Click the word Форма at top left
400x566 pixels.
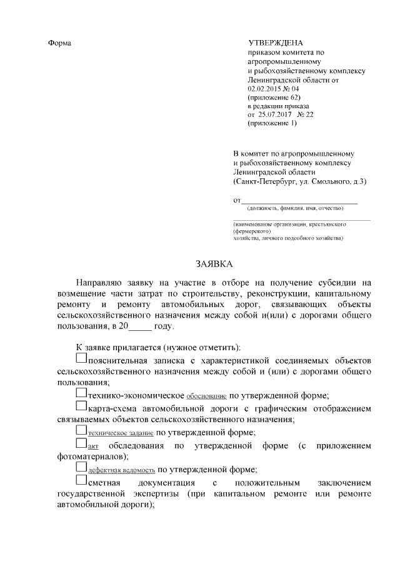click(x=59, y=43)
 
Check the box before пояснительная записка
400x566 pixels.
click(x=81, y=359)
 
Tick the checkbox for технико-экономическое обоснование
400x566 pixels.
click(x=81, y=393)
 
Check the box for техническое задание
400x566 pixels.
click(x=81, y=430)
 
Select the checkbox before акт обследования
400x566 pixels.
click(x=81, y=443)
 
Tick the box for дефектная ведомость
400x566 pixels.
click(x=81, y=467)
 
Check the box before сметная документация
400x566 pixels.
click(x=81, y=480)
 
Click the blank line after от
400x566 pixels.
click(x=300, y=201)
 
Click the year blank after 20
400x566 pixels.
click(x=137, y=326)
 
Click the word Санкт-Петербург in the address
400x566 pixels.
click(x=265, y=181)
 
